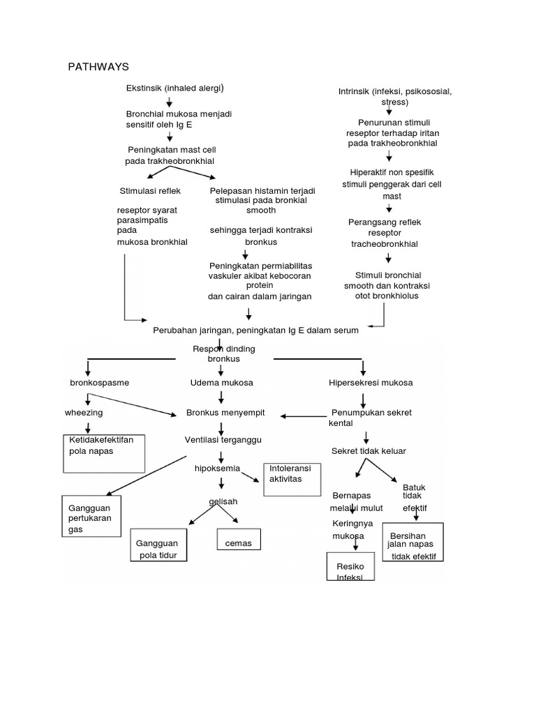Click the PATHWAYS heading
pos(98,67)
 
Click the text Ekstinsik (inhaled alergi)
pos(174,88)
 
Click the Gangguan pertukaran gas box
pos(91,516)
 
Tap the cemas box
pos(238,542)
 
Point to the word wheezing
pos(84,413)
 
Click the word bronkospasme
pos(100,383)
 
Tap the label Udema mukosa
pos(221,383)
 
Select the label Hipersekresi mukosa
pos(371,383)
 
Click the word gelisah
pos(223,501)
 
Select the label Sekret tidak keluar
pos(368,451)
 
